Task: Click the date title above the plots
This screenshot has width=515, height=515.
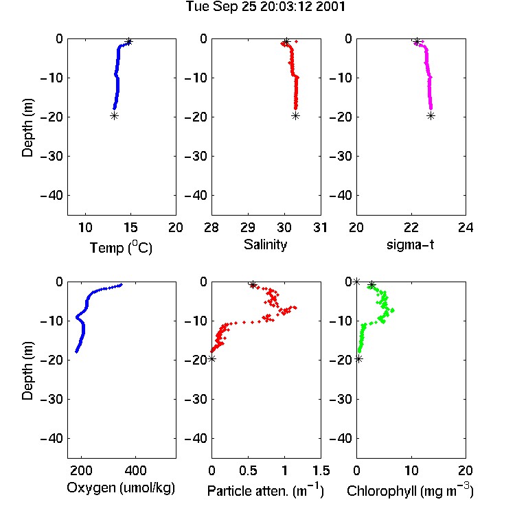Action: pos(266,7)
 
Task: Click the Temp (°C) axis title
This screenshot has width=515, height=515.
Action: pos(121,247)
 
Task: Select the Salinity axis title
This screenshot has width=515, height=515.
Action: pos(265,244)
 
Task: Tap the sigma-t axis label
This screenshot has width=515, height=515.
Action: pos(410,244)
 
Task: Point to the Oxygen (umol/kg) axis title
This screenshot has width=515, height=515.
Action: pos(121,488)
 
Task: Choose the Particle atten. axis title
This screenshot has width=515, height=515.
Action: pos(266,491)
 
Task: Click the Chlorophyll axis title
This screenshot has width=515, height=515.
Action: pos(410,491)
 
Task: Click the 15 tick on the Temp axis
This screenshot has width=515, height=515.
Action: pos(130,227)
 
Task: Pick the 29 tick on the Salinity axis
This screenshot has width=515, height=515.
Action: pos(248,227)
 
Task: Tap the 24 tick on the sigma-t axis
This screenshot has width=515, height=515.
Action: pos(466,227)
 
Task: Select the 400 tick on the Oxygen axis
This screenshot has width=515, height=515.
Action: pos(136,470)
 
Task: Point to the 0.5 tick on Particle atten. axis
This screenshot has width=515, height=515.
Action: pos(248,470)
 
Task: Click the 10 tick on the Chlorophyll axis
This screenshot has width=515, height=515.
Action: pos(411,470)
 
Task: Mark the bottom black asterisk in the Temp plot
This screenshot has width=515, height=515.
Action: pos(114,115)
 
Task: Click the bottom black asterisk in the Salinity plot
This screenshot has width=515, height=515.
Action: pos(295,115)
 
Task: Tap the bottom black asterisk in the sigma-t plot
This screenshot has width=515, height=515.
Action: pos(431,115)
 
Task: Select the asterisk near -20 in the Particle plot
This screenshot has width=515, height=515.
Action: pos(212,358)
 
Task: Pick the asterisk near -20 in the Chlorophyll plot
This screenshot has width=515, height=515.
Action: pos(359,359)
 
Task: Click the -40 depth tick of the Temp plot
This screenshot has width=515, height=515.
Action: pos(51,196)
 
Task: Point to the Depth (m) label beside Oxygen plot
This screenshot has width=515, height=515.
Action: pos(27,371)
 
